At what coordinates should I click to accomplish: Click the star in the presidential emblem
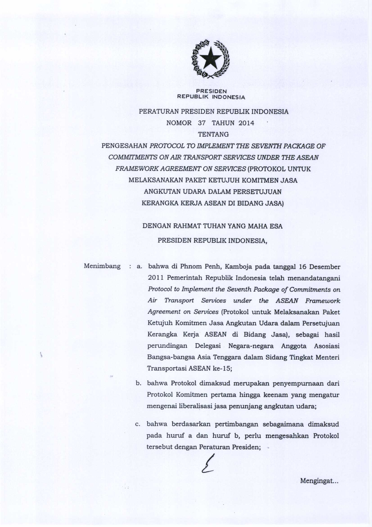tap(210, 57)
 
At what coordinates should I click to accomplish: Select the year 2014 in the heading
tap(246, 123)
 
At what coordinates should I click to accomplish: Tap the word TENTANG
tap(213, 134)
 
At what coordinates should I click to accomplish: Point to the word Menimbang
tap(102, 266)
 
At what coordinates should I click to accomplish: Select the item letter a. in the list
tap(140, 267)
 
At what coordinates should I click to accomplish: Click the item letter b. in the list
tap(138, 383)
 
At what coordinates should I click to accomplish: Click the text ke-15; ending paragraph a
tap(222, 368)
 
